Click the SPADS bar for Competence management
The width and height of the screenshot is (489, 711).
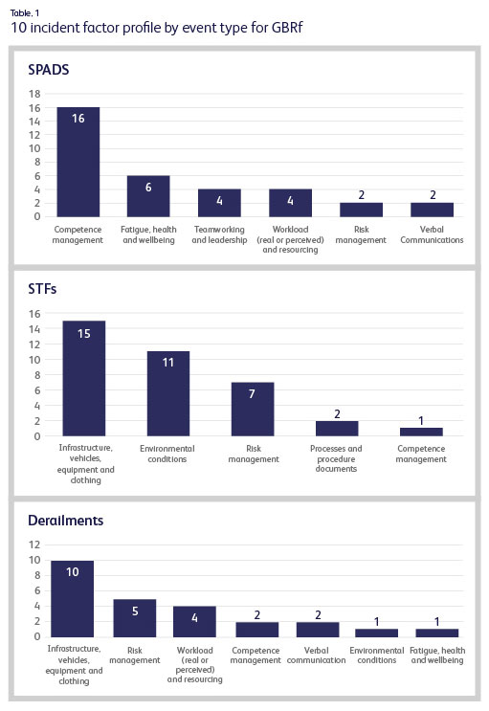tap(78, 162)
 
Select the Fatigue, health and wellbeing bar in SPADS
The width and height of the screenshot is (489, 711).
tap(148, 196)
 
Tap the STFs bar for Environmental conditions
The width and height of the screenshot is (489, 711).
tap(168, 393)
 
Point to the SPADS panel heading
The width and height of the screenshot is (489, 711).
tap(48, 70)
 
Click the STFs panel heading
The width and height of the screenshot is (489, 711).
tap(43, 290)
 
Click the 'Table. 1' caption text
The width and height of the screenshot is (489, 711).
tap(26, 11)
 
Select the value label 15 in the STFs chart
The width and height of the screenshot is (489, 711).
tap(83, 335)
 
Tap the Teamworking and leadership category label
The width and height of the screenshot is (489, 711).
tap(219, 234)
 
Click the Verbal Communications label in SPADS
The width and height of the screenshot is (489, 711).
tap(432, 234)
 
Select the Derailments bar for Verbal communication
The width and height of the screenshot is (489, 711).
tap(318, 629)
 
